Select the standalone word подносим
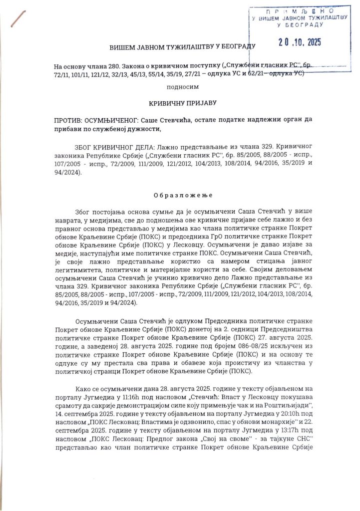click(x=180, y=87)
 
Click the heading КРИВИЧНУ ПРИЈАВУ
click(x=180, y=103)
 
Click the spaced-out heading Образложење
click(x=180, y=192)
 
